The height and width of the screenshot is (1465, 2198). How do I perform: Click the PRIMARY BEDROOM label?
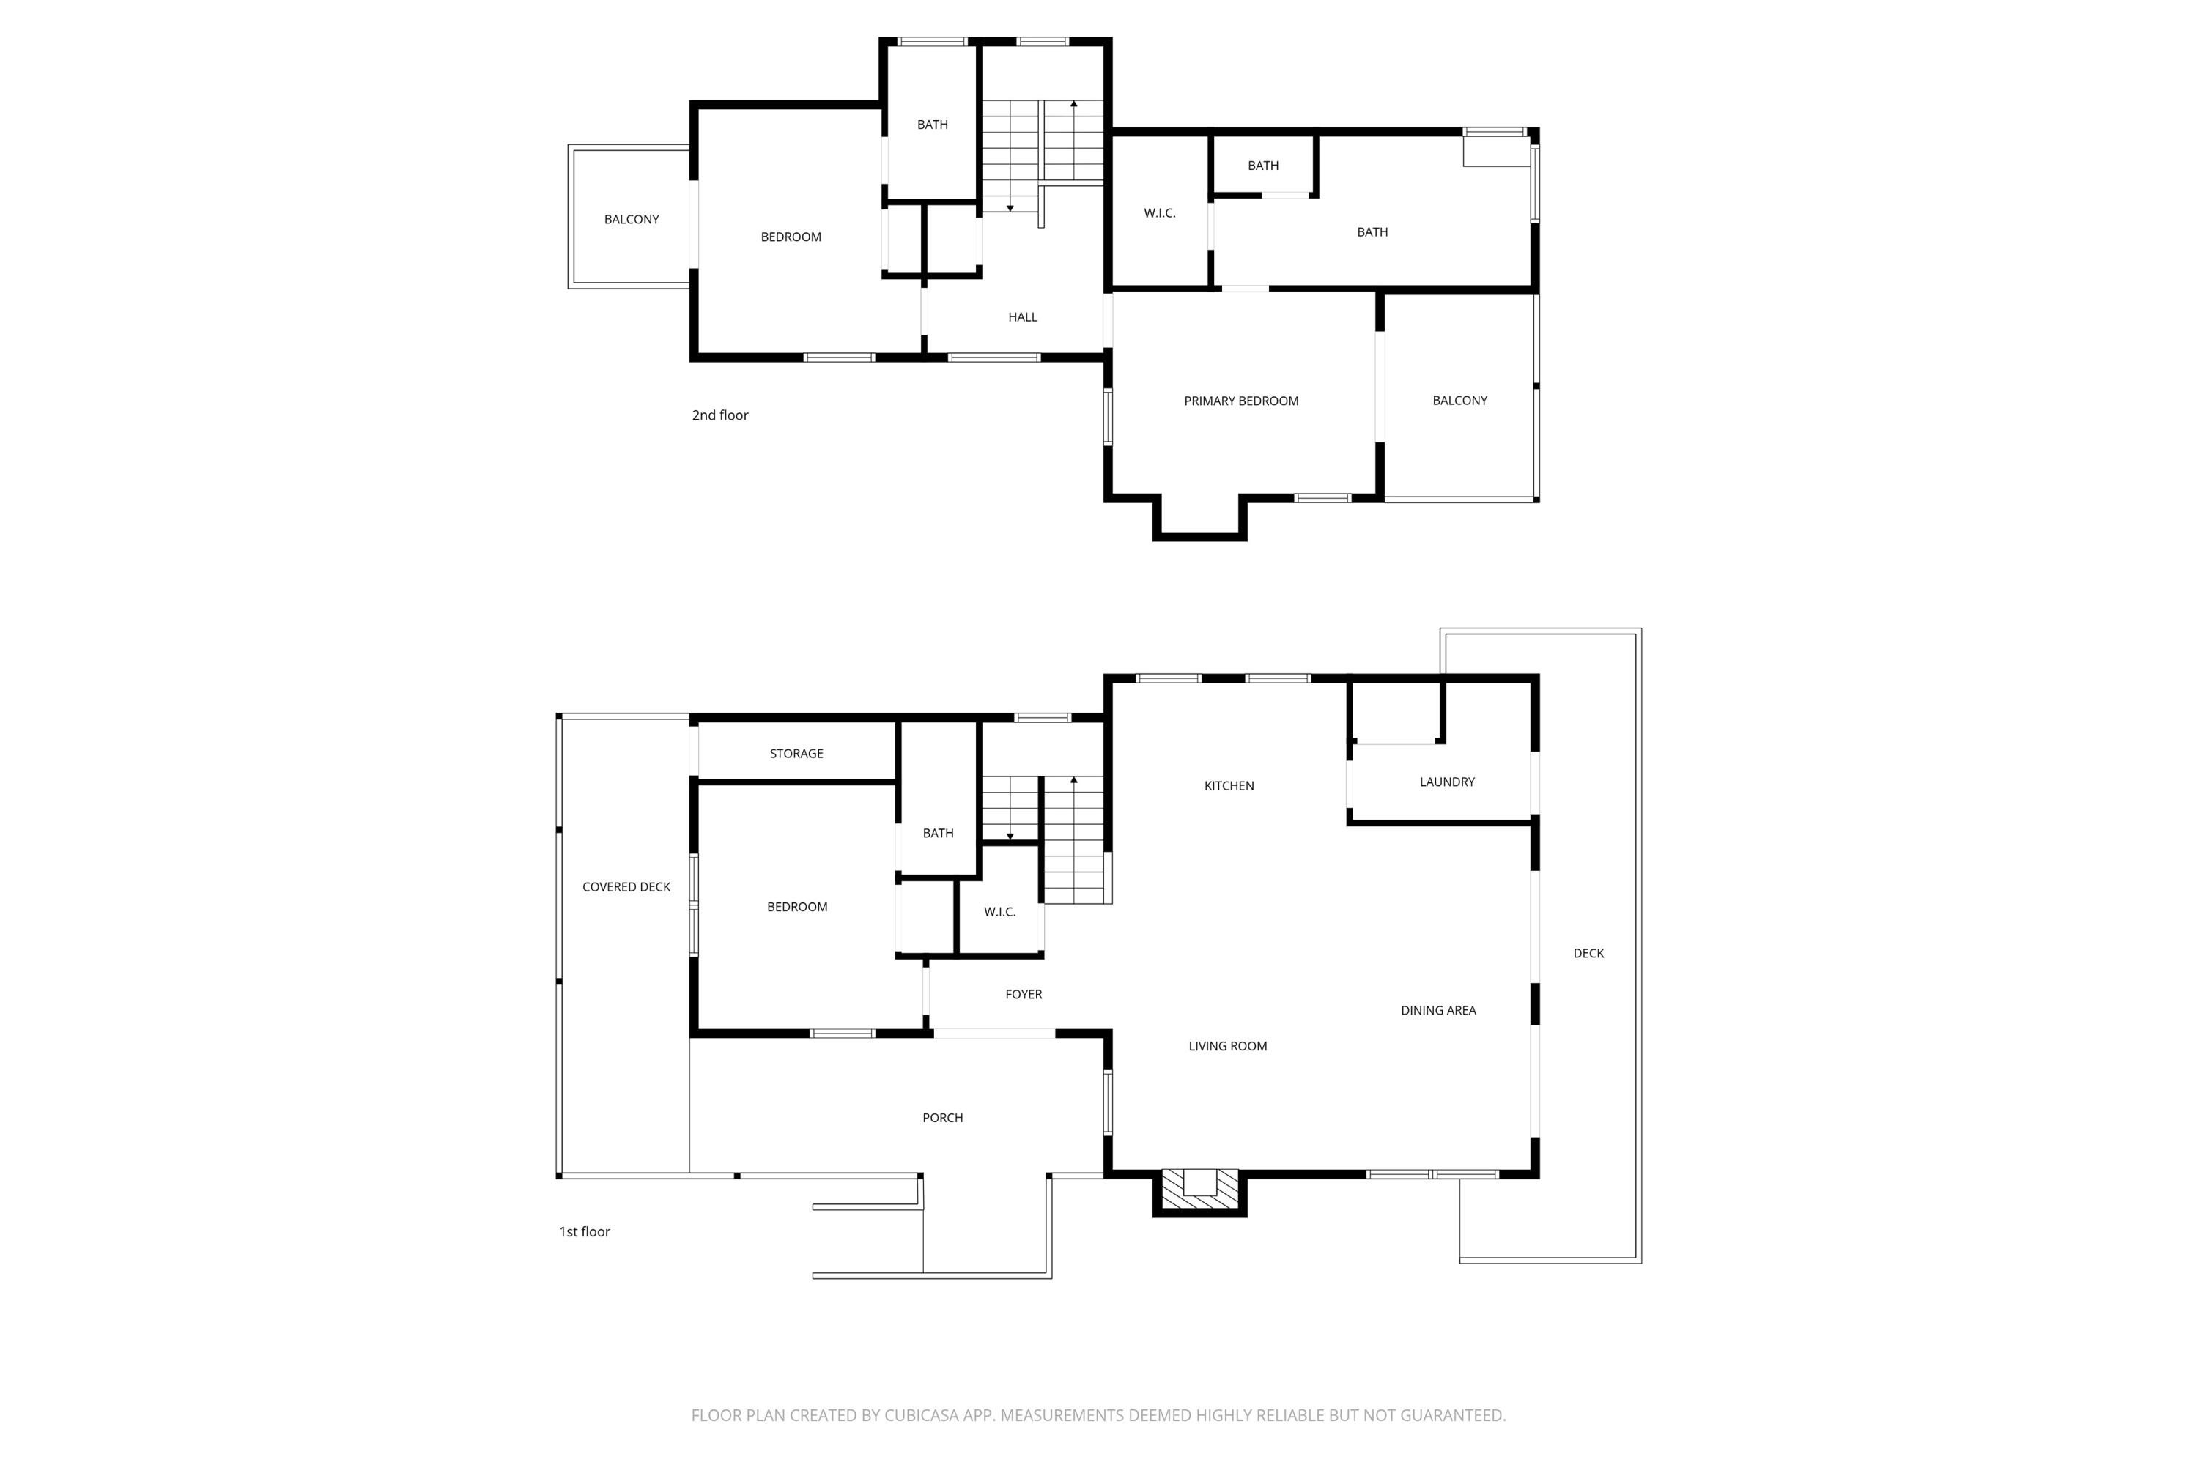coord(1241,401)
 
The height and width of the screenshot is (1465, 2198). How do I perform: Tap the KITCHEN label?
coord(1229,786)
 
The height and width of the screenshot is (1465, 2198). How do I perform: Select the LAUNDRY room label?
coord(1446,782)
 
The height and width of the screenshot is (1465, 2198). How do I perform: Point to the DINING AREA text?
coord(1438,1010)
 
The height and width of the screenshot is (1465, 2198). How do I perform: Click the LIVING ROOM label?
coord(1227,1047)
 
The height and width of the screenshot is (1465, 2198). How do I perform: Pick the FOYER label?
coord(1024,994)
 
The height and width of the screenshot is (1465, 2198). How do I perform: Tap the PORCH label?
coord(942,1118)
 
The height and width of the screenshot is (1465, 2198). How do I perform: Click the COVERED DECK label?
coord(626,886)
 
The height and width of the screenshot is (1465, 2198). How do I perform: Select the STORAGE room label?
coord(796,753)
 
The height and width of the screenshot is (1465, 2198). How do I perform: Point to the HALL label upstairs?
coord(1022,316)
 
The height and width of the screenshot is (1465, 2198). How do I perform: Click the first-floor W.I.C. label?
coord(999,912)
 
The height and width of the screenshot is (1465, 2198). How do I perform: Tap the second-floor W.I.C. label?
coord(1159,213)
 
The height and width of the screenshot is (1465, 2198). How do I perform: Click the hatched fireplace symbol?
coord(1200,1190)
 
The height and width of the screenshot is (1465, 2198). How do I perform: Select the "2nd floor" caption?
coord(719,415)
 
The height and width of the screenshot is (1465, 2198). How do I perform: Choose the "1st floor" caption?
coord(584,1231)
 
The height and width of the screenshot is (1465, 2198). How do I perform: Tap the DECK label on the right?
coord(1588,953)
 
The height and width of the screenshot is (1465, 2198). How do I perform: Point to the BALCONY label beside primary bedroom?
coord(1459,401)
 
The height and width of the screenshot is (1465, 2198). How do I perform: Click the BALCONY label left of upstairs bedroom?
coord(631,220)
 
